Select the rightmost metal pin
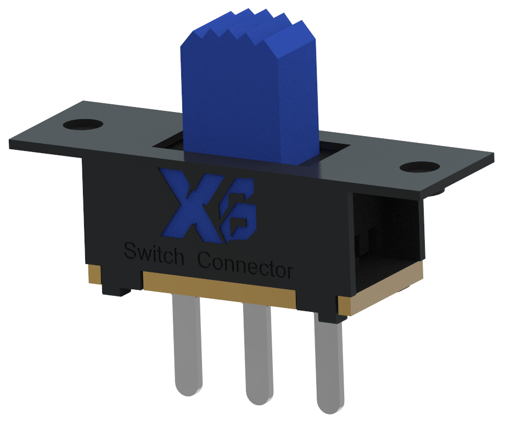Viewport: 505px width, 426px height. (329, 362)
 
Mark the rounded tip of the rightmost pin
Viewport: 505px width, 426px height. (331, 406)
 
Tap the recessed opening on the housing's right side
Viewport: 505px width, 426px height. (384, 236)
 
